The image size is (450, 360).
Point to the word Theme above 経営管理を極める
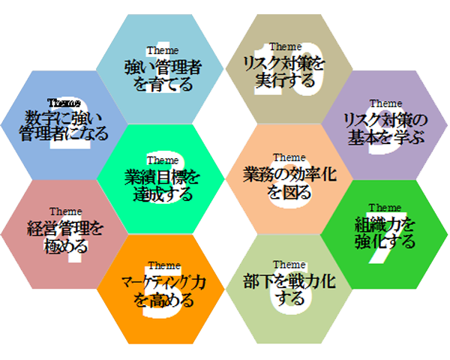tap(65, 212)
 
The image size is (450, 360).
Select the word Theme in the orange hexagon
tap(163, 266)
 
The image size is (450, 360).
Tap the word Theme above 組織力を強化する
tap(385, 208)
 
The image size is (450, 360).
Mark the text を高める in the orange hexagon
tap(164, 301)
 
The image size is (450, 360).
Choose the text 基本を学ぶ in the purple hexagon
tap(385, 137)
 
